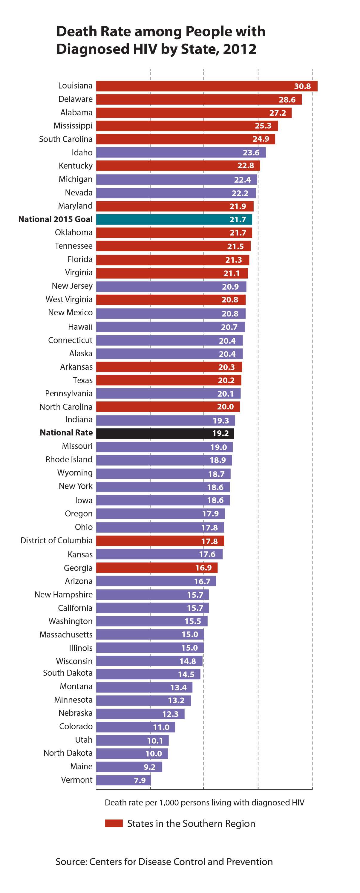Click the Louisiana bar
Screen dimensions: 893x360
click(206, 86)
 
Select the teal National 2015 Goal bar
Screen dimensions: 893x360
click(174, 219)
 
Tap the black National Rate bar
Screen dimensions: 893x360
click(165, 433)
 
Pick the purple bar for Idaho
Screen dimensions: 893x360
click(181, 152)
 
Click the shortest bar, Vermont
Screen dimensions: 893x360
click(123, 780)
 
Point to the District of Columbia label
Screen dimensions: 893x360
click(56, 540)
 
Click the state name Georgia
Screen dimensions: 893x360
click(78, 568)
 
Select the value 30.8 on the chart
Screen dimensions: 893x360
click(302, 86)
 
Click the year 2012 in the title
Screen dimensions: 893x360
click(239, 49)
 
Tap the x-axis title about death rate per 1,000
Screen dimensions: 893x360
click(204, 802)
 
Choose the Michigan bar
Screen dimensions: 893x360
click(176, 180)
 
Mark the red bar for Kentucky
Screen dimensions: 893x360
click(178, 166)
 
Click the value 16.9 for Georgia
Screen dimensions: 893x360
click(203, 568)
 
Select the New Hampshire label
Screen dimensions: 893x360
click(63, 594)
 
